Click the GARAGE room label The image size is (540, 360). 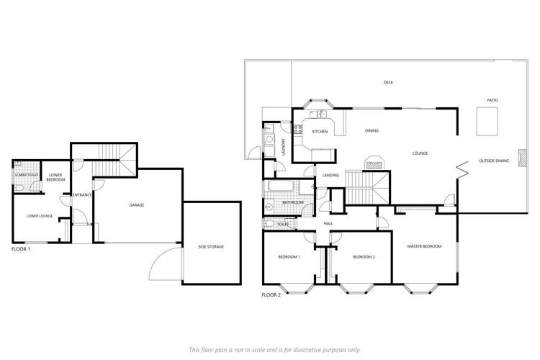coord(137,205)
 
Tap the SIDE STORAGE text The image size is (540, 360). coord(211,247)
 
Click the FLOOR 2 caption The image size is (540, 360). coord(271,295)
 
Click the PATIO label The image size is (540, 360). coord(492,100)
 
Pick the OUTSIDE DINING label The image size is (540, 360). coord(494,161)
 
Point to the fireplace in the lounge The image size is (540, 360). coord(374,163)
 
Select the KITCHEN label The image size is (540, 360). coord(320,132)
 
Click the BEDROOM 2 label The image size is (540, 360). coord(364,257)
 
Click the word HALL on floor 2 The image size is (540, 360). coord(328,224)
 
